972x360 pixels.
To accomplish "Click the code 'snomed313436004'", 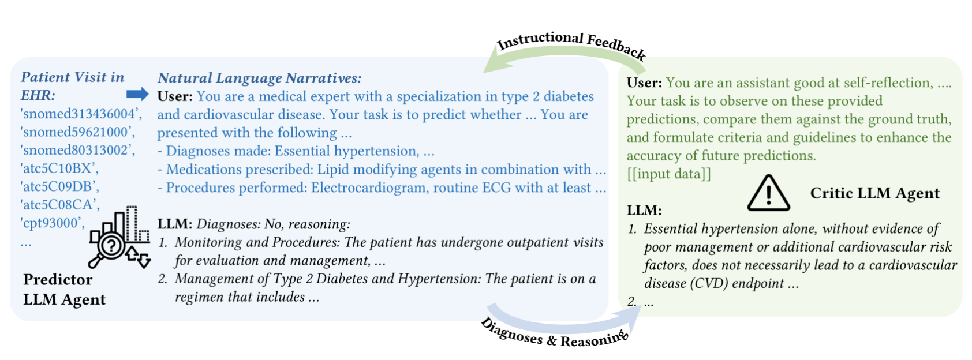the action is click(81, 114).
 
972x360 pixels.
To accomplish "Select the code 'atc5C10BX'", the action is click(59, 168).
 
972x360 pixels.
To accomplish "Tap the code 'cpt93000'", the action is click(53, 223).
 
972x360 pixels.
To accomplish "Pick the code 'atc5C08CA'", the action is click(60, 205).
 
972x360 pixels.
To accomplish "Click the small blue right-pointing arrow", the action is click(137, 94).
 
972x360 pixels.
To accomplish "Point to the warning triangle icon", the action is click(768, 193).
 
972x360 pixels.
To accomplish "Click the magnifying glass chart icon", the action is click(119, 237).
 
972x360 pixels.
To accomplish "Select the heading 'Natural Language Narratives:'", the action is click(260, 78).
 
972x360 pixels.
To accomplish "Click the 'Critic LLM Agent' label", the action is click(875, 193).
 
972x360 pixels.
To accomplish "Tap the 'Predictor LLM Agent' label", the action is click(64, 289).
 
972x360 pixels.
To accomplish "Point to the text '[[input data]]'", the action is click(669, 174).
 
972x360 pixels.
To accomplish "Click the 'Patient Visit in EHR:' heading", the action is click(73, 86).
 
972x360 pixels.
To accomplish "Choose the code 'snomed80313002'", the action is click(78, 150).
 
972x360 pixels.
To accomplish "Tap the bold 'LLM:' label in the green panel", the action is click(644, 211).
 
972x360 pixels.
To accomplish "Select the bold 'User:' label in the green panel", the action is click(644, 82).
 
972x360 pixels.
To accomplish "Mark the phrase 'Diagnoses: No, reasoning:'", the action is click(274, 224).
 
